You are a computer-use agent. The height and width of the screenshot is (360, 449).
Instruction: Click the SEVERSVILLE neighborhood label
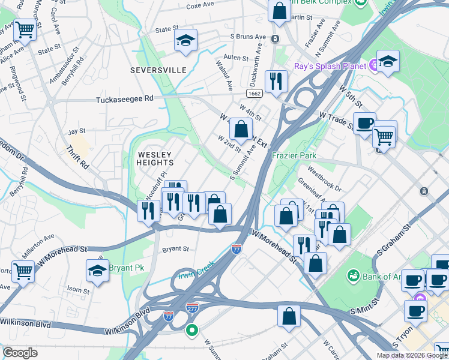click(159, 70)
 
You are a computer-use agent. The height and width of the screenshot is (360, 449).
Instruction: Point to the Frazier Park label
click(294, 155)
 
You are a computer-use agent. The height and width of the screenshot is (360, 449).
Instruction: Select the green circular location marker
click(192, 329)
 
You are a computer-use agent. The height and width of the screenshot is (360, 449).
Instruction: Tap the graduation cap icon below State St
click(186, 41)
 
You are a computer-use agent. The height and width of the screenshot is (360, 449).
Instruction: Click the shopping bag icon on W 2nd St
click(241, 128)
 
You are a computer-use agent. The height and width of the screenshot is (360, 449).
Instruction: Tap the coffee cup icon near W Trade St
click(364, 123)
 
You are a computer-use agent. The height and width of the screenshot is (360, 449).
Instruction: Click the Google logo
click(20, 353)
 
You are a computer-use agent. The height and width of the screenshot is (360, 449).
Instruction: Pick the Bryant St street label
click(176, 248)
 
